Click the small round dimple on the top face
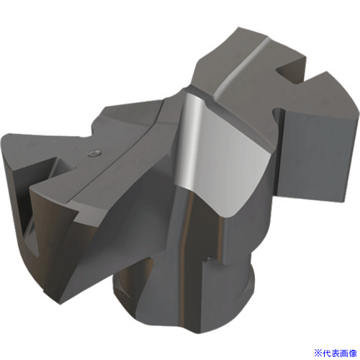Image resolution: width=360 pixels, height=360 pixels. (95, 153)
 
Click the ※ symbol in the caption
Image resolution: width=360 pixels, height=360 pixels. (318, 353)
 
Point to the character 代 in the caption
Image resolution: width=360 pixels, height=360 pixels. (327, 353)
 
